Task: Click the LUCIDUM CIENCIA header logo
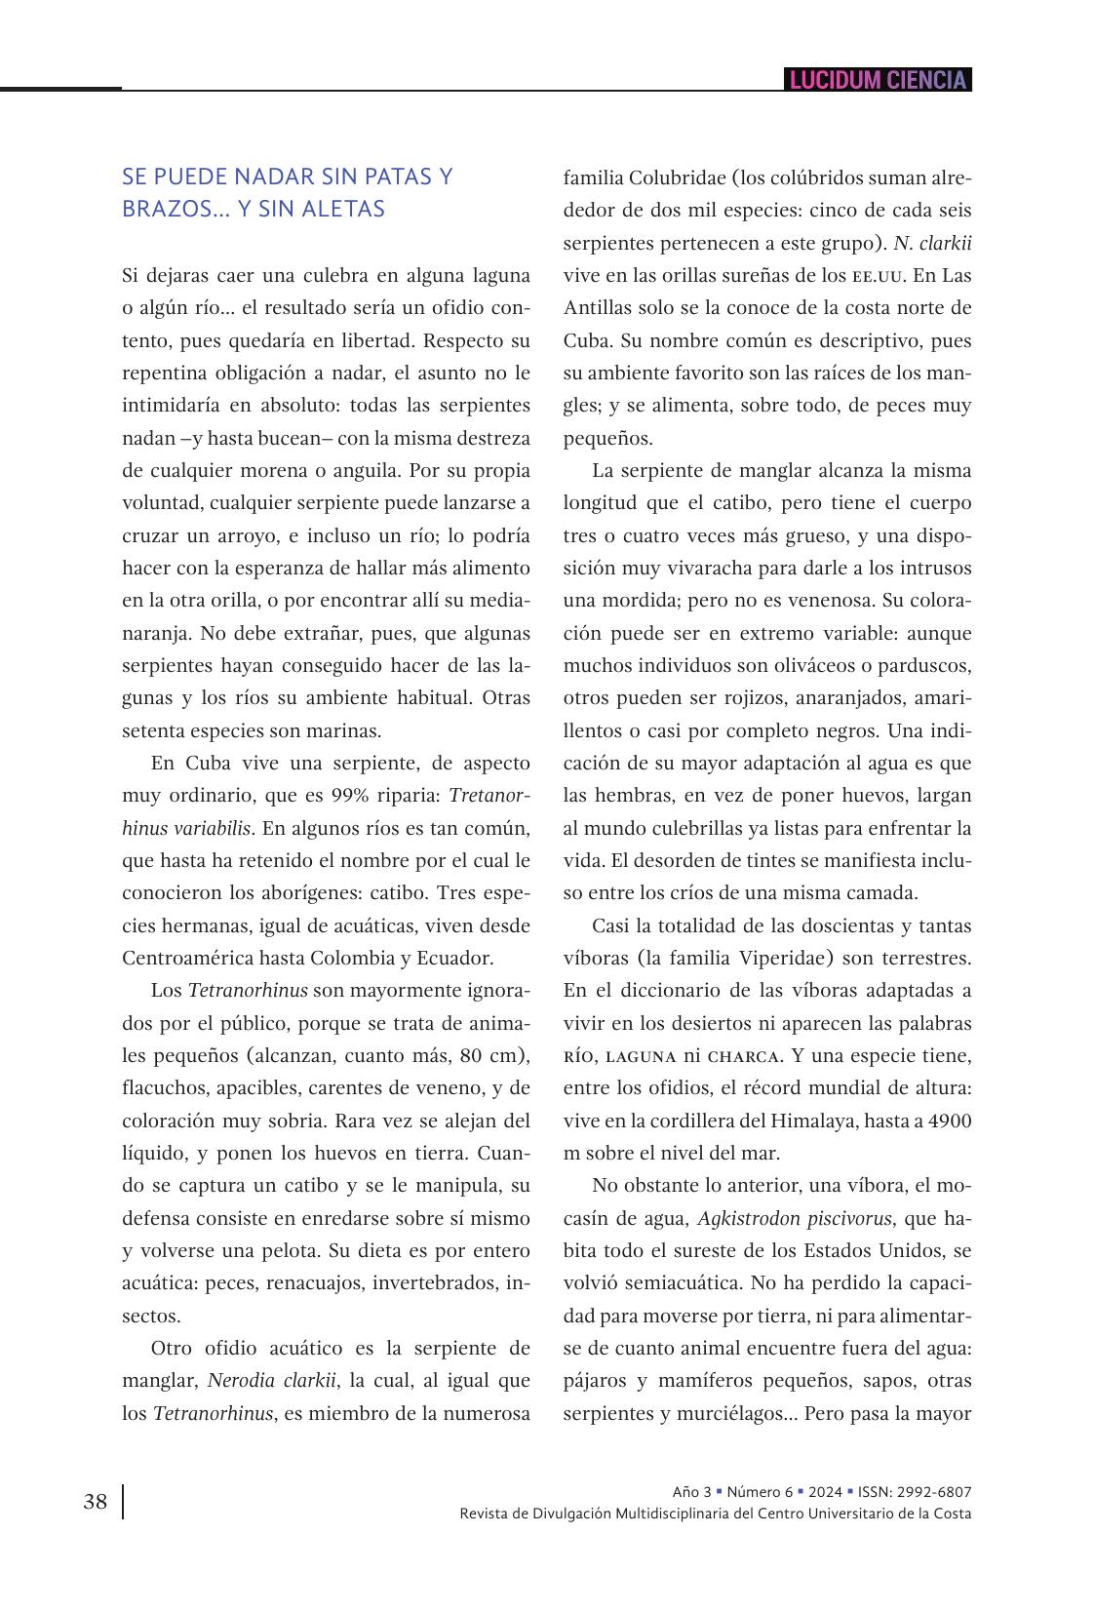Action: pos(878,80)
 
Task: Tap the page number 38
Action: pos(96,1501)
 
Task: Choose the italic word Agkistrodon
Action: pos(746,1218)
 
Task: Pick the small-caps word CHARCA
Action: pos(743,1056)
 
